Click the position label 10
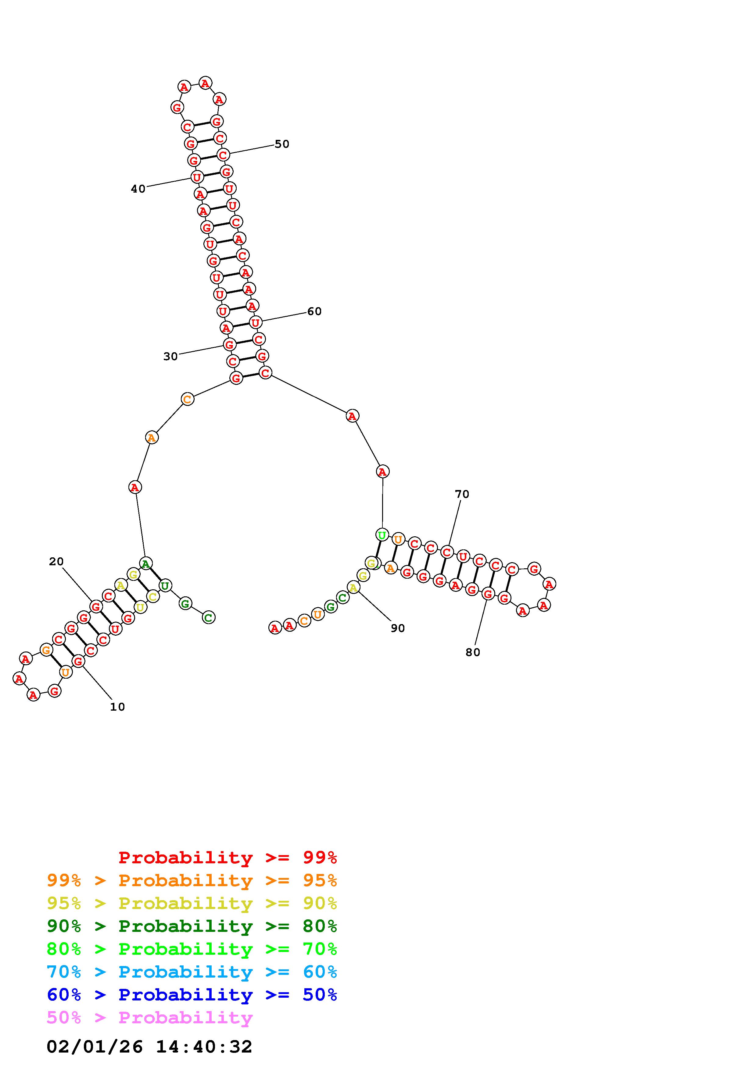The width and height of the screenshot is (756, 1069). click(x=117, y=707)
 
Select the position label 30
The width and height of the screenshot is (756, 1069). click(x=170, y=356)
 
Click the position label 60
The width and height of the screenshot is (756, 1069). click(x=314, y=311)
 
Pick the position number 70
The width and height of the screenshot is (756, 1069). click(x=462, y=494)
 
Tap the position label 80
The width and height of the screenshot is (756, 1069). click(x=473, y=652)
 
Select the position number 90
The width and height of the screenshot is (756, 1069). click(x=398, y=628)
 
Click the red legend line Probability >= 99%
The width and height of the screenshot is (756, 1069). click(x=228, y=857)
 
